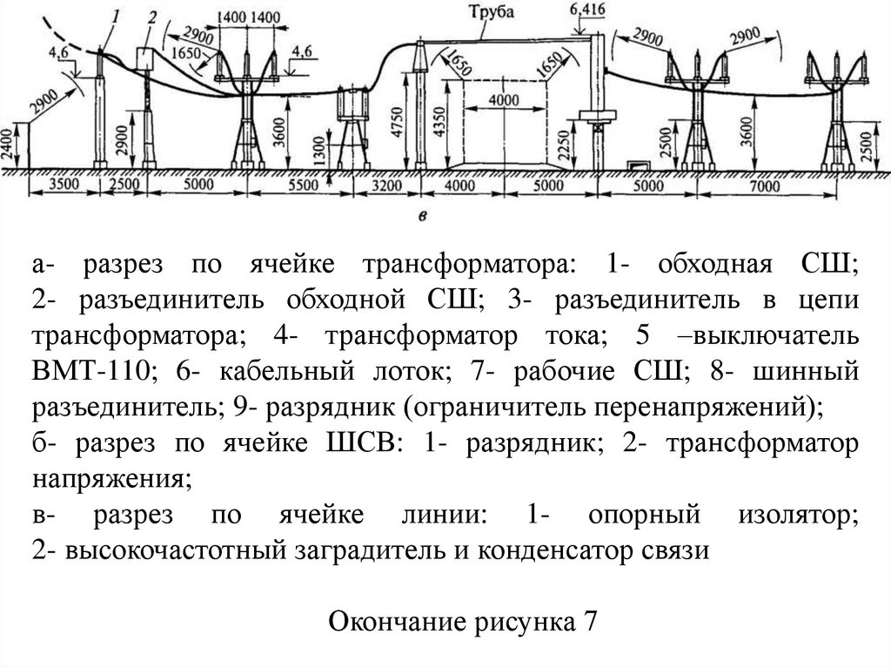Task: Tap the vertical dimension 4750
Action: click(x=398, y=118)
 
